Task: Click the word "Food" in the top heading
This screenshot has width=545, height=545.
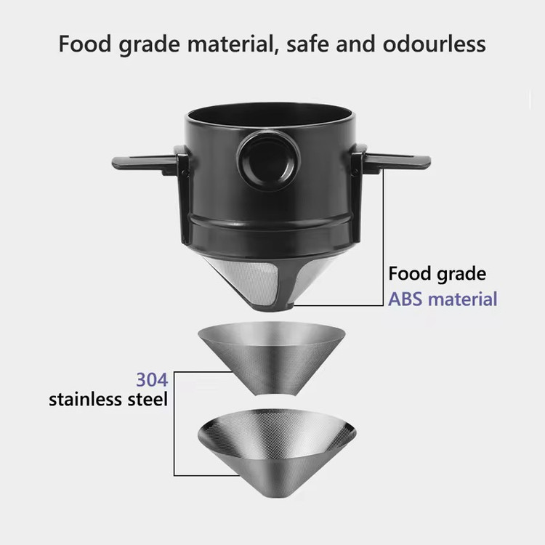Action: pos(85,44)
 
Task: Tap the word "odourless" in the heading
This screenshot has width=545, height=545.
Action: pos(434,44)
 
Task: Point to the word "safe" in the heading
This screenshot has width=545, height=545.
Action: pos(307,44)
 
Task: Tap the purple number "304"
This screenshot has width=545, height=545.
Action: pos(153,379)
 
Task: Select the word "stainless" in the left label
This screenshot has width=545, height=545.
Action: pos(86,400)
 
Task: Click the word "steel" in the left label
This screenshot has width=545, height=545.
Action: pos(148,400)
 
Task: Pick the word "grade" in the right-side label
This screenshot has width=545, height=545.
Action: pos(461,275)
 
